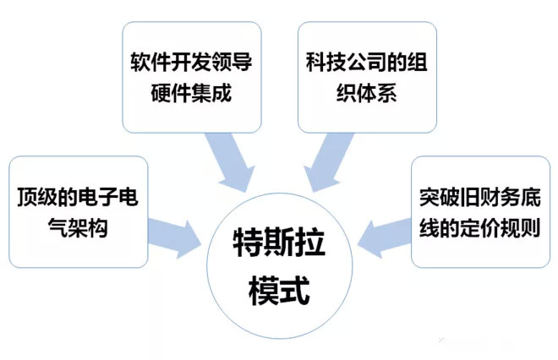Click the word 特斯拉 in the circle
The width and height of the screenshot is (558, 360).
pyautogui.click(x=279, y=243)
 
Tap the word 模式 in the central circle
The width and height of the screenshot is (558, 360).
pyautogui.click(x=279, y=291)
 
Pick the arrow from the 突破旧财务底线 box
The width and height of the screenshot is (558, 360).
pyautogui.click(x=385, y=237)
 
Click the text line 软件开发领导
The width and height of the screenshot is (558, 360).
pyautogui.click(x=191, y=63)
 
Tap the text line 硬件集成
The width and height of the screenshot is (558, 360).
pyautogui.click(x=191, y=93)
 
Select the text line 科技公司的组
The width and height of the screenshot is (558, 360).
pyautogui.click(x=367, y=63)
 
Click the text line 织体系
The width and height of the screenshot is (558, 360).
pyautogui.click(x=367, y=93)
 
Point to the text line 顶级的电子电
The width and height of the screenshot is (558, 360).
pyautogui.click(x=78, y=197)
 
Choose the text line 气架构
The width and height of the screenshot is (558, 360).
pyautogui.click(x=78, y=227)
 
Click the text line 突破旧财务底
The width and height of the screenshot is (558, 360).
pyautogui.click(x=480, y=197)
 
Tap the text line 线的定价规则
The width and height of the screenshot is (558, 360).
pyautogui.click(x=480, y=227)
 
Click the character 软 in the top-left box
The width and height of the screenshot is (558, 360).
pyautogui.click(x=140, y=63)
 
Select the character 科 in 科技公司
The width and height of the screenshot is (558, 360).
pyautogui.click(x=316, y=63)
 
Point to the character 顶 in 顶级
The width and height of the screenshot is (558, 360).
pyautogui.click(x=27, y=197)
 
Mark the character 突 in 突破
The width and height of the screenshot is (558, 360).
pyautogui.click(x=429, y=197)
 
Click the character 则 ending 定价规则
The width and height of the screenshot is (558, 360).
pyautogui.click(x=531, y=227)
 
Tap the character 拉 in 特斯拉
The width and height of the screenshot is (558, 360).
pyautogui.click(x=310, y=243)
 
